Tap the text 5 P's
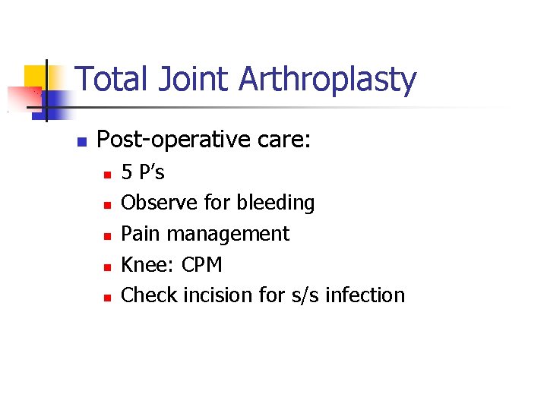(x=143, y=173)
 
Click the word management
(x=228, y=235)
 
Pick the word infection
(x=365, y=295)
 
